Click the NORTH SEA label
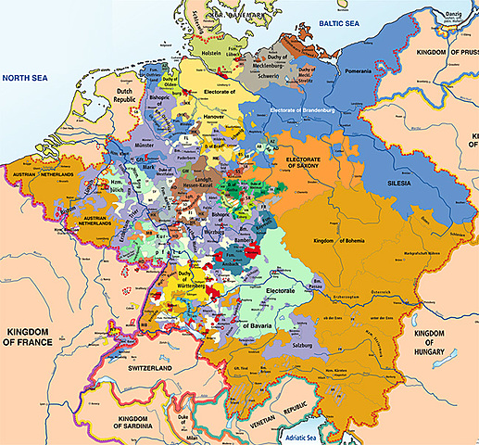pos(28,80)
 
